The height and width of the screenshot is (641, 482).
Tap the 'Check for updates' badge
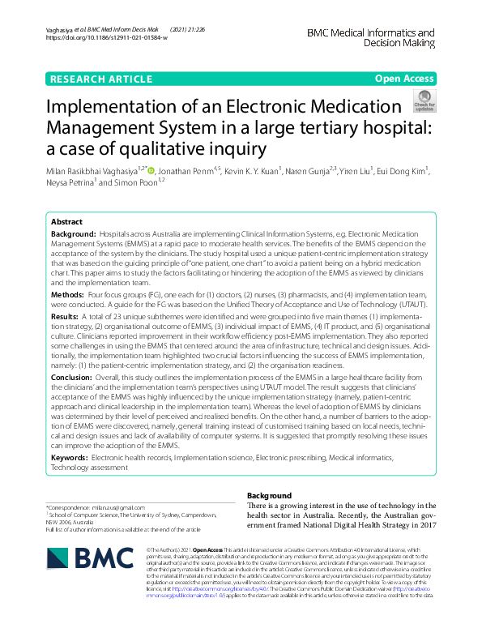(x=424, y=101)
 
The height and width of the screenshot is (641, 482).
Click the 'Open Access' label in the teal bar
(x=405, y=79)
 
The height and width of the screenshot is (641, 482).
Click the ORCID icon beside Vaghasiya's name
(x=150, y=170)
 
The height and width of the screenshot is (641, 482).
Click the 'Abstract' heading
(x=66, y=221)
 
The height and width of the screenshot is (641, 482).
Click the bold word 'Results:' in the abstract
(x=66, y=317)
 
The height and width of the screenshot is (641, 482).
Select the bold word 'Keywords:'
(x=70, y=458)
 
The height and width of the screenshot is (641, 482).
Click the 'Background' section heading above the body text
(x=269, y=495)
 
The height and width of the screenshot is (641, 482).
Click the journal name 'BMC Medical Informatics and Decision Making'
(x=371, y=39)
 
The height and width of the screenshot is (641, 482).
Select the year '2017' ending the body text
(x=421, y=524)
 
